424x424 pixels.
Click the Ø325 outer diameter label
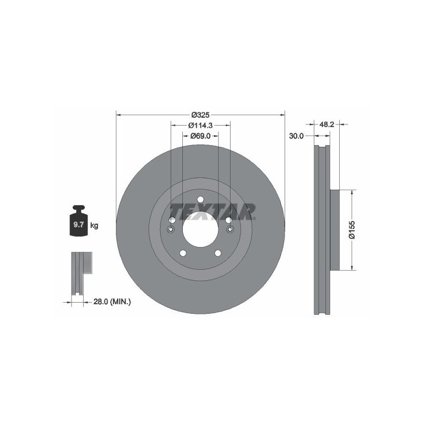coord(200,115)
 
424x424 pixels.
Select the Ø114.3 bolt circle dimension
coord(200,125)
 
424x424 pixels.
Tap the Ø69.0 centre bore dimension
coord(200,136)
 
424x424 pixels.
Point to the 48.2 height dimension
coord(327,125)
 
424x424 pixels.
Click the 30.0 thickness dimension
coord(296,136)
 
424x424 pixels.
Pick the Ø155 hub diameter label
coord(352,229)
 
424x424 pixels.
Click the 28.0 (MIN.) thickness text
coord(112,302)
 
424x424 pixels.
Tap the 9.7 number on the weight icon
coord(78,224)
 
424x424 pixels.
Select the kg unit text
coord(94,225)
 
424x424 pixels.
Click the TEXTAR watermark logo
coord(213,212)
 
